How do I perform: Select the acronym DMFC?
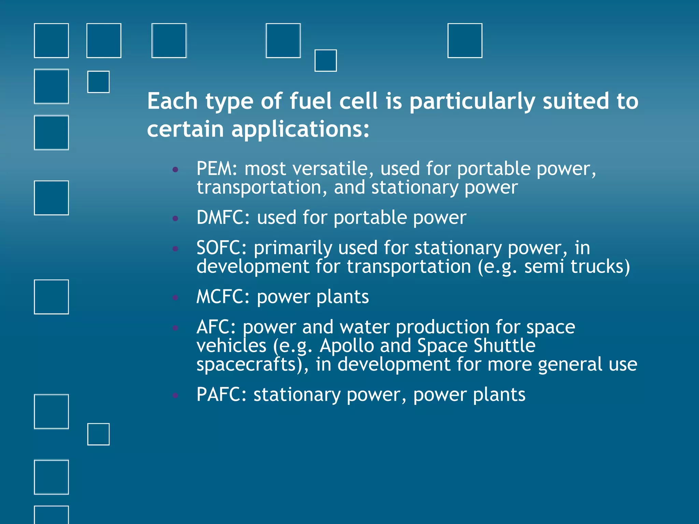point(223,218)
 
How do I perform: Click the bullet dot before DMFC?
point(175,218)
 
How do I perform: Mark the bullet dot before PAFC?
point(175,395)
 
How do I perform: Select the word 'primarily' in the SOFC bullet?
point(293,248)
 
